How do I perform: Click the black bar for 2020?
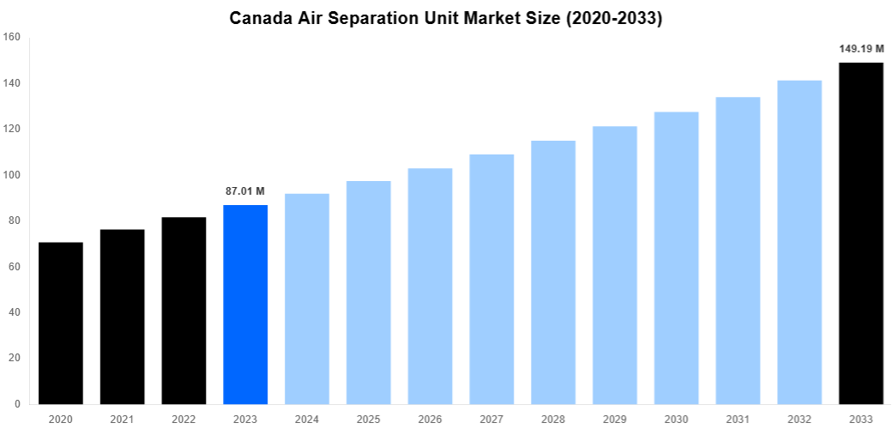click(61, 323)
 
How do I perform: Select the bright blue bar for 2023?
click(245, 304)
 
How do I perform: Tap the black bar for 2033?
click(860, 233)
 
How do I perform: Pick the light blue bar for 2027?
click(491, 279)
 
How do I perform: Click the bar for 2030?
click(676, 257)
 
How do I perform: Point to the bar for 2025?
click(369, 292)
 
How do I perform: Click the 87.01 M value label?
click(245, 190)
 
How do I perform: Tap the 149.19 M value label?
click(861, 49)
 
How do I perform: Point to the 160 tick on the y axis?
click(11, 37)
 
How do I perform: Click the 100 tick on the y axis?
click(11, 175)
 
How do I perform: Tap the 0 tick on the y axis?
click(17, 404)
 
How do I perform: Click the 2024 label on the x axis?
click(307, 419)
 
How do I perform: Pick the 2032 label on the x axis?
click(799, 419)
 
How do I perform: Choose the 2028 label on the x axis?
click(553, 419)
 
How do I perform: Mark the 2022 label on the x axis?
click(184, 419)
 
